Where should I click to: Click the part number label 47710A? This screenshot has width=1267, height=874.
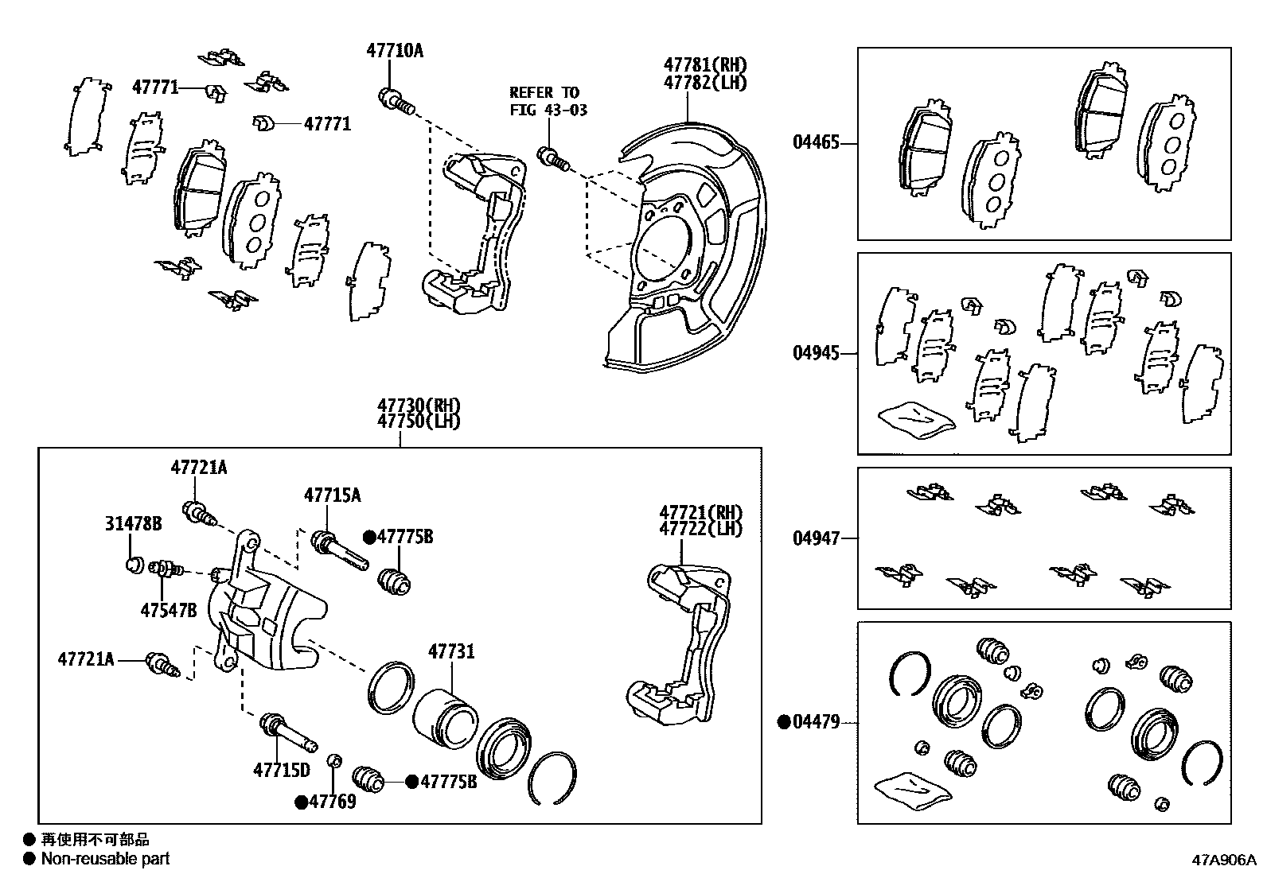(x=395, y=51)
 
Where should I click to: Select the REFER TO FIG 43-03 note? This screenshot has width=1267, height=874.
(x=548, y=101)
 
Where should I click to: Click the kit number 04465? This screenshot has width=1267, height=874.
(x=816, y=143)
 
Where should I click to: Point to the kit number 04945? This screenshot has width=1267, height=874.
(x=816, y=352)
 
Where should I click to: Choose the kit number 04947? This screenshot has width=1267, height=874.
(x=816, y=538)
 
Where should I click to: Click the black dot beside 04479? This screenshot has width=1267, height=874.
(x=784, y=722)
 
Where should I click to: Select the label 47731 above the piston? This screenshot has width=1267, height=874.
(x=451, y=652)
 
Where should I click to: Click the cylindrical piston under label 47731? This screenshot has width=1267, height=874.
(x=444, y=718)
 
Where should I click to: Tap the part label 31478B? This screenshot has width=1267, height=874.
(x=134, y=523)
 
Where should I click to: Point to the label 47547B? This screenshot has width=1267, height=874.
(x=169, y=610)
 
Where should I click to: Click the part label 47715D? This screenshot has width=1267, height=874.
(x=281, y=770)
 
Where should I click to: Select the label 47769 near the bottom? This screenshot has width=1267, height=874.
(x=332, y=802)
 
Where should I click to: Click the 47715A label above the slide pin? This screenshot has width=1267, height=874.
(x=332, y=495)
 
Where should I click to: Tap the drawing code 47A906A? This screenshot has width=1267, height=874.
(x=1222, y=860)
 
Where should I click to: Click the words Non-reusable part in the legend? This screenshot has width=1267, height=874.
(x=106, y=859)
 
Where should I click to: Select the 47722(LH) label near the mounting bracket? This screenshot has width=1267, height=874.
(x=700, y=528)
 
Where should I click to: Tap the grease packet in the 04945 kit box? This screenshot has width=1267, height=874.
(x=914, y=418)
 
